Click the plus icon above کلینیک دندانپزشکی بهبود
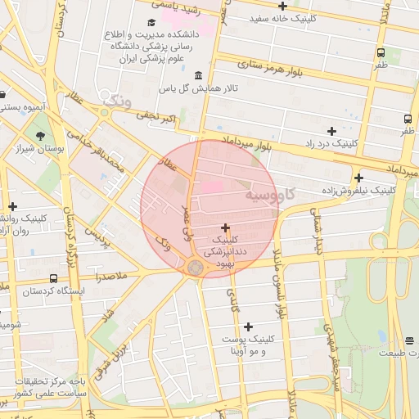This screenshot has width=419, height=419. coord(225,228)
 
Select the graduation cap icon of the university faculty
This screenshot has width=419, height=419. coord(151,23)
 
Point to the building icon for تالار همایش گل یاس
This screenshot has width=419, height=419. coord(199,75)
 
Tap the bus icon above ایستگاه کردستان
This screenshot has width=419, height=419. coord(53,278)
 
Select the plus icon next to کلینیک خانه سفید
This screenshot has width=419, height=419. coord(282,6)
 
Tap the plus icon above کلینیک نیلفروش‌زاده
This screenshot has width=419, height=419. coord(358,178)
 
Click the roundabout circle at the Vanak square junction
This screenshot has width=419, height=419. coord(195,268)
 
